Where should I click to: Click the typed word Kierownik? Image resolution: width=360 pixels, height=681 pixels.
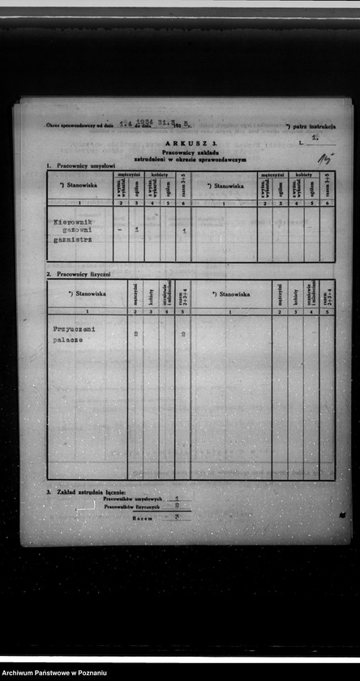[x=73, y=221]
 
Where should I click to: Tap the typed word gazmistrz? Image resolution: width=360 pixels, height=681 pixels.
[x=72, y=240]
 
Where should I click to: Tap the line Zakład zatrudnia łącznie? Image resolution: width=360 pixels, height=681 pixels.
[x=90, y=492]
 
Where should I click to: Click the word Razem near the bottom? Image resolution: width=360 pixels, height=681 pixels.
[x=143, y=516]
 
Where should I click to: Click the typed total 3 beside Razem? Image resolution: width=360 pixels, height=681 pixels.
[x=177, y=516]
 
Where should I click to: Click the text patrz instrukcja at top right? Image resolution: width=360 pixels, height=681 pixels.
[x=313, y=126]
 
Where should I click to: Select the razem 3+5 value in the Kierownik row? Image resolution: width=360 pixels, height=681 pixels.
[x=184, y=231]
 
